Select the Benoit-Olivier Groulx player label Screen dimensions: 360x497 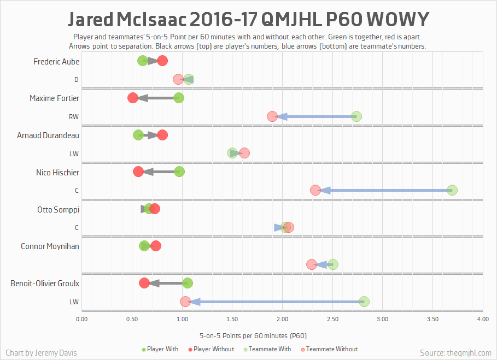pyautogui.click(x=45, y=284)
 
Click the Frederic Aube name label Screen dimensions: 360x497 pyautogui.click(x=56, y=62)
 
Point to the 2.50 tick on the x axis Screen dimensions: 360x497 pyautogui.click(x=332, y=318)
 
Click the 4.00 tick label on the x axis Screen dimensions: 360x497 pyautogui.click(x=482, y=318)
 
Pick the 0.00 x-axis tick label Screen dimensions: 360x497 pyautogui.click(x=81, y=318)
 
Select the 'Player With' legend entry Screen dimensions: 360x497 pyautogui.click(x=160, y=349)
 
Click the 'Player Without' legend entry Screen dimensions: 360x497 pyautogui.click(x=211, y=349)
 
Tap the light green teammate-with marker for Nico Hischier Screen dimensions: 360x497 pyautogui.click(x=452, y=190)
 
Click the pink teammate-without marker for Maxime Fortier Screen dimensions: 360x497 pyautogui.click(x=272, y=116)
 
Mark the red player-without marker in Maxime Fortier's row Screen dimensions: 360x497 pyautogui.click(x=132, y=98)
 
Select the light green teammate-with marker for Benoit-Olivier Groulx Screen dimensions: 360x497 pyautogui.click(x=364, y=302)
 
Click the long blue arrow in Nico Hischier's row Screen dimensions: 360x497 pyautogui.click(x=383, y=190)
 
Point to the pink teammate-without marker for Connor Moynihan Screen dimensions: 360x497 pyautogui.click(x=312, y=264)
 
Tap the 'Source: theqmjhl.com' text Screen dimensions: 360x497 pyautogui.click(x=455, y=353)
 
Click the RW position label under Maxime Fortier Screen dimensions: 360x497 pyautogui.click(x=73, y=117)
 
